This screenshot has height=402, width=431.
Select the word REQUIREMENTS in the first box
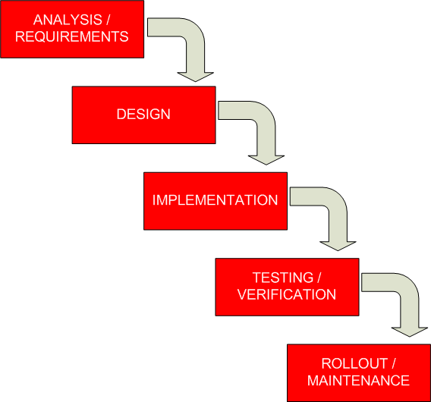(72, 36)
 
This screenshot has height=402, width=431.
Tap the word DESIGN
(143, 115)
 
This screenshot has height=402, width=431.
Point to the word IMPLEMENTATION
(215, 201)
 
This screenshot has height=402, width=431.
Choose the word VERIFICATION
(287, 294)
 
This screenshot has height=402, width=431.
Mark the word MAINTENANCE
(359, 380)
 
